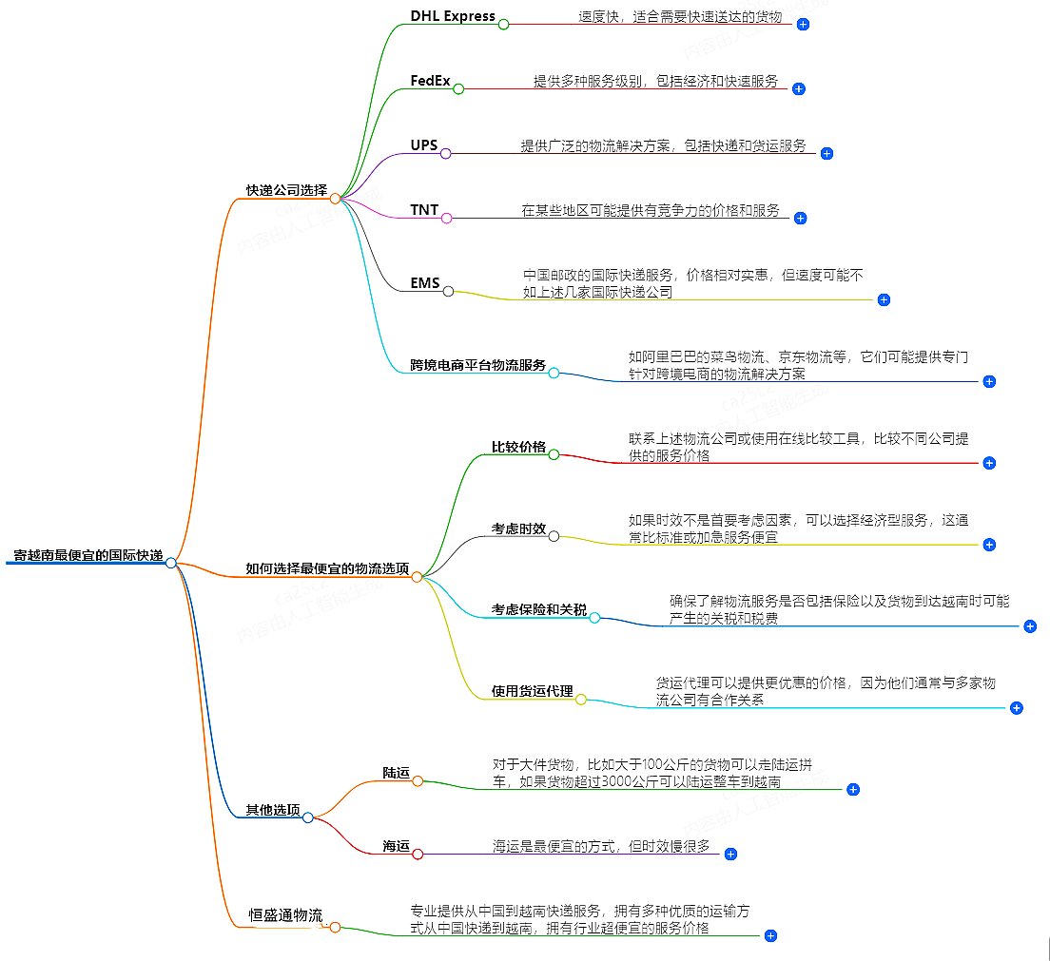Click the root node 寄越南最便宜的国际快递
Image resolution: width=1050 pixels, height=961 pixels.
[x=87, y=555]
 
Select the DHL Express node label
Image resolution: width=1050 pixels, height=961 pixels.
[x=453, y=16]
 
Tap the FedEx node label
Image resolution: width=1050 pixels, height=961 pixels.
[x=430, y=81]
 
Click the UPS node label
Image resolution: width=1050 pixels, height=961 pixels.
[x=424, y=145]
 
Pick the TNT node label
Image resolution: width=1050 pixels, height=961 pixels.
[x=424, y=210]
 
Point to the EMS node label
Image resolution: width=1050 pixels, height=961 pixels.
[x=424, y=282]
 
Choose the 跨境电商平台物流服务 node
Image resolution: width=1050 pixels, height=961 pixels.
[x=478, y=365]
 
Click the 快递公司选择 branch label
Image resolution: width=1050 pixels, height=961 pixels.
[x=286, y=190]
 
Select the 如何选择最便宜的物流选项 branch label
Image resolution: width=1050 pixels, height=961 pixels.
[x=327, y=568]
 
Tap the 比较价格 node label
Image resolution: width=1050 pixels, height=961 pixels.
[x=518, y=447]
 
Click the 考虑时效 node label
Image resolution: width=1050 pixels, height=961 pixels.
[x=518, y=529]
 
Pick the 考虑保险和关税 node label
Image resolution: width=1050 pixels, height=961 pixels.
[x=539, y=609]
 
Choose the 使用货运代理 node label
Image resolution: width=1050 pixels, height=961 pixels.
[x=533, y=691]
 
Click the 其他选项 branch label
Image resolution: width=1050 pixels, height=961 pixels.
[x=273, y=810]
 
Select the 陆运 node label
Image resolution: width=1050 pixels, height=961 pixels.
[x=396, y=773]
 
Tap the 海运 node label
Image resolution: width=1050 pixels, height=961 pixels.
[x=396, y=846]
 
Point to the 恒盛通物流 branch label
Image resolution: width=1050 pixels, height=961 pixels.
[x=285, y=915]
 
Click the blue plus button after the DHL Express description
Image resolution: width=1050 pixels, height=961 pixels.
[x=804, y=24]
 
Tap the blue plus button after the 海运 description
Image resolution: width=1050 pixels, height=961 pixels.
[x=730, y=854]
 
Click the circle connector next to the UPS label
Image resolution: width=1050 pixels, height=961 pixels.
[x=445, y=153]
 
